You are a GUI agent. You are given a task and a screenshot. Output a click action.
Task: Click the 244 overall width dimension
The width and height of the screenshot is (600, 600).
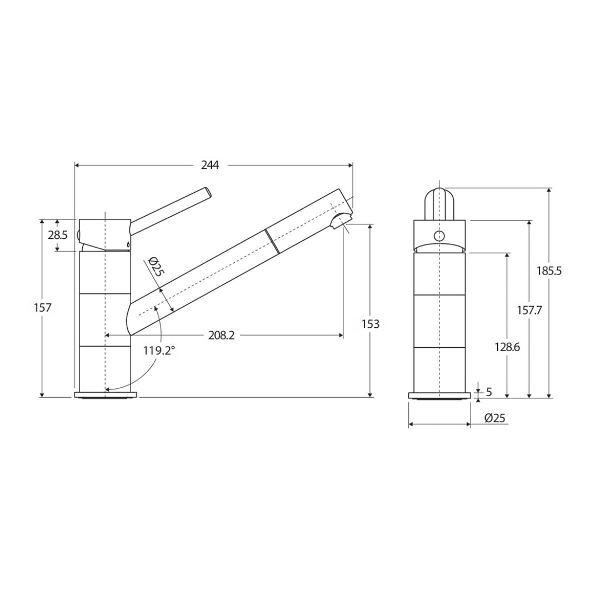[210, 166]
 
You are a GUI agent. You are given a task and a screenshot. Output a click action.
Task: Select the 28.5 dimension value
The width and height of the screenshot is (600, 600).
[58, 235]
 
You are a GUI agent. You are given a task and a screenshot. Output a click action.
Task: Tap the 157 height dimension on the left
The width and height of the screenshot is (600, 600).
[42, 307]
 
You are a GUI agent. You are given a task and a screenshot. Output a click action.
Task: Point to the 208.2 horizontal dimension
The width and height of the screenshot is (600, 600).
[221, 336]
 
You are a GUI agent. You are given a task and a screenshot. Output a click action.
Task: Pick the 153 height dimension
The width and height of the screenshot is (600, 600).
[371, 324]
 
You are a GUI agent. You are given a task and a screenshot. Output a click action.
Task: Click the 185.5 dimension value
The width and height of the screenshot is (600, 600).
[549, 271]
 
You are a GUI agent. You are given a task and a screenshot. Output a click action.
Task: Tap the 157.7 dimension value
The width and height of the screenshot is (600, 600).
[529, 310]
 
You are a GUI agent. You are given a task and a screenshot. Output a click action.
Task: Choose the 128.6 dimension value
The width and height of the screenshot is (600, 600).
[507, 347]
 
